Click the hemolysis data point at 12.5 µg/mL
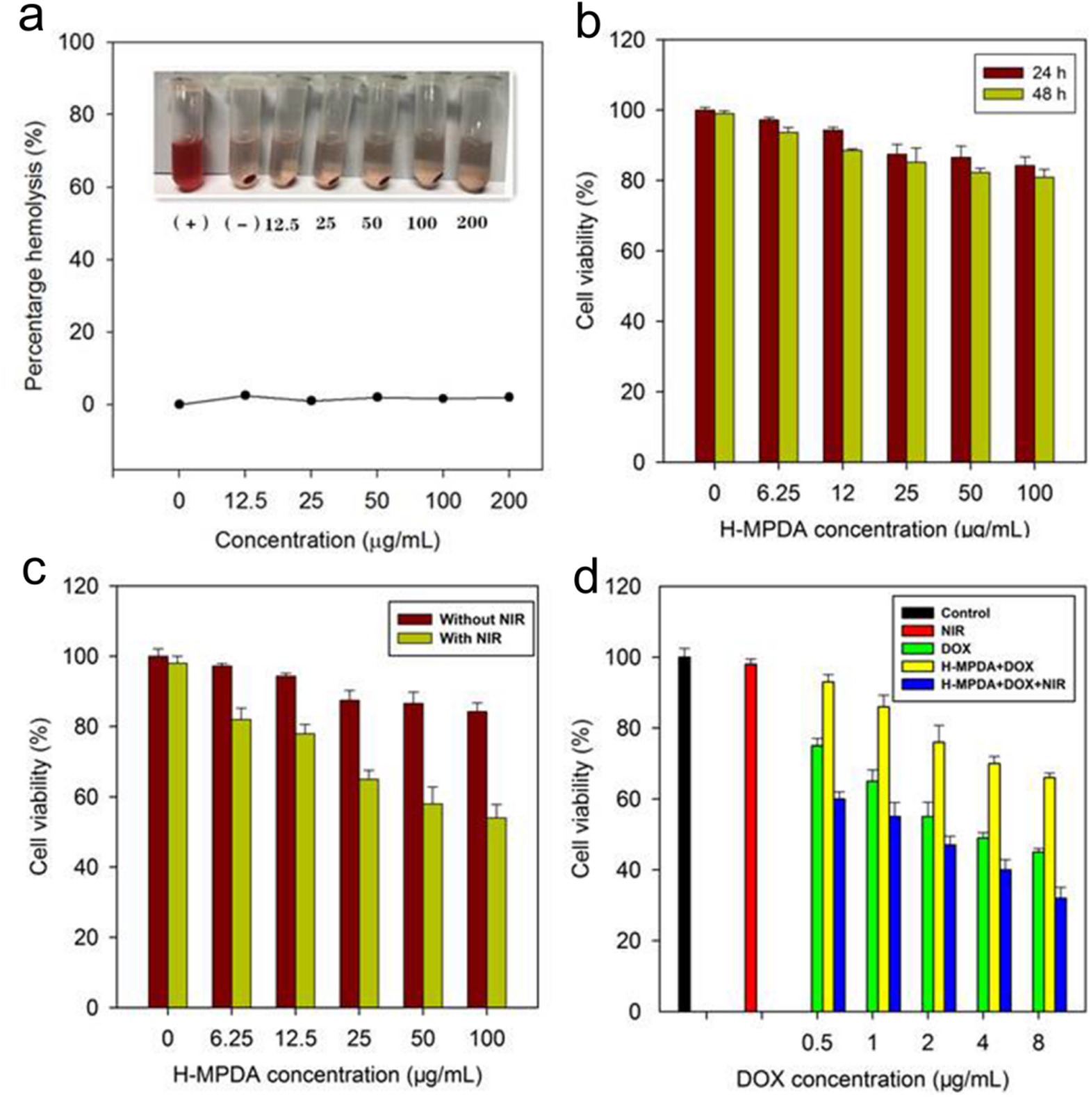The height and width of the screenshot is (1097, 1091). point(245,395)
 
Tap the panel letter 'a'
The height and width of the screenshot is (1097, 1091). point(31,17)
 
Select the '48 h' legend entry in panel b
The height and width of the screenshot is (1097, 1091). point(1024,94)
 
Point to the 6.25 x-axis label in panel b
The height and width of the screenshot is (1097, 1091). point(778,493)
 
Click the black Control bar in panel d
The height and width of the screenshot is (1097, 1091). point(684,834)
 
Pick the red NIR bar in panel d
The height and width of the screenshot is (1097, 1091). point(750,837)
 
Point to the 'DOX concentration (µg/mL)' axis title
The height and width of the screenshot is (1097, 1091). point(872,1079)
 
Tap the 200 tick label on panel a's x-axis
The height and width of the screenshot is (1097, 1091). point(509,501)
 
